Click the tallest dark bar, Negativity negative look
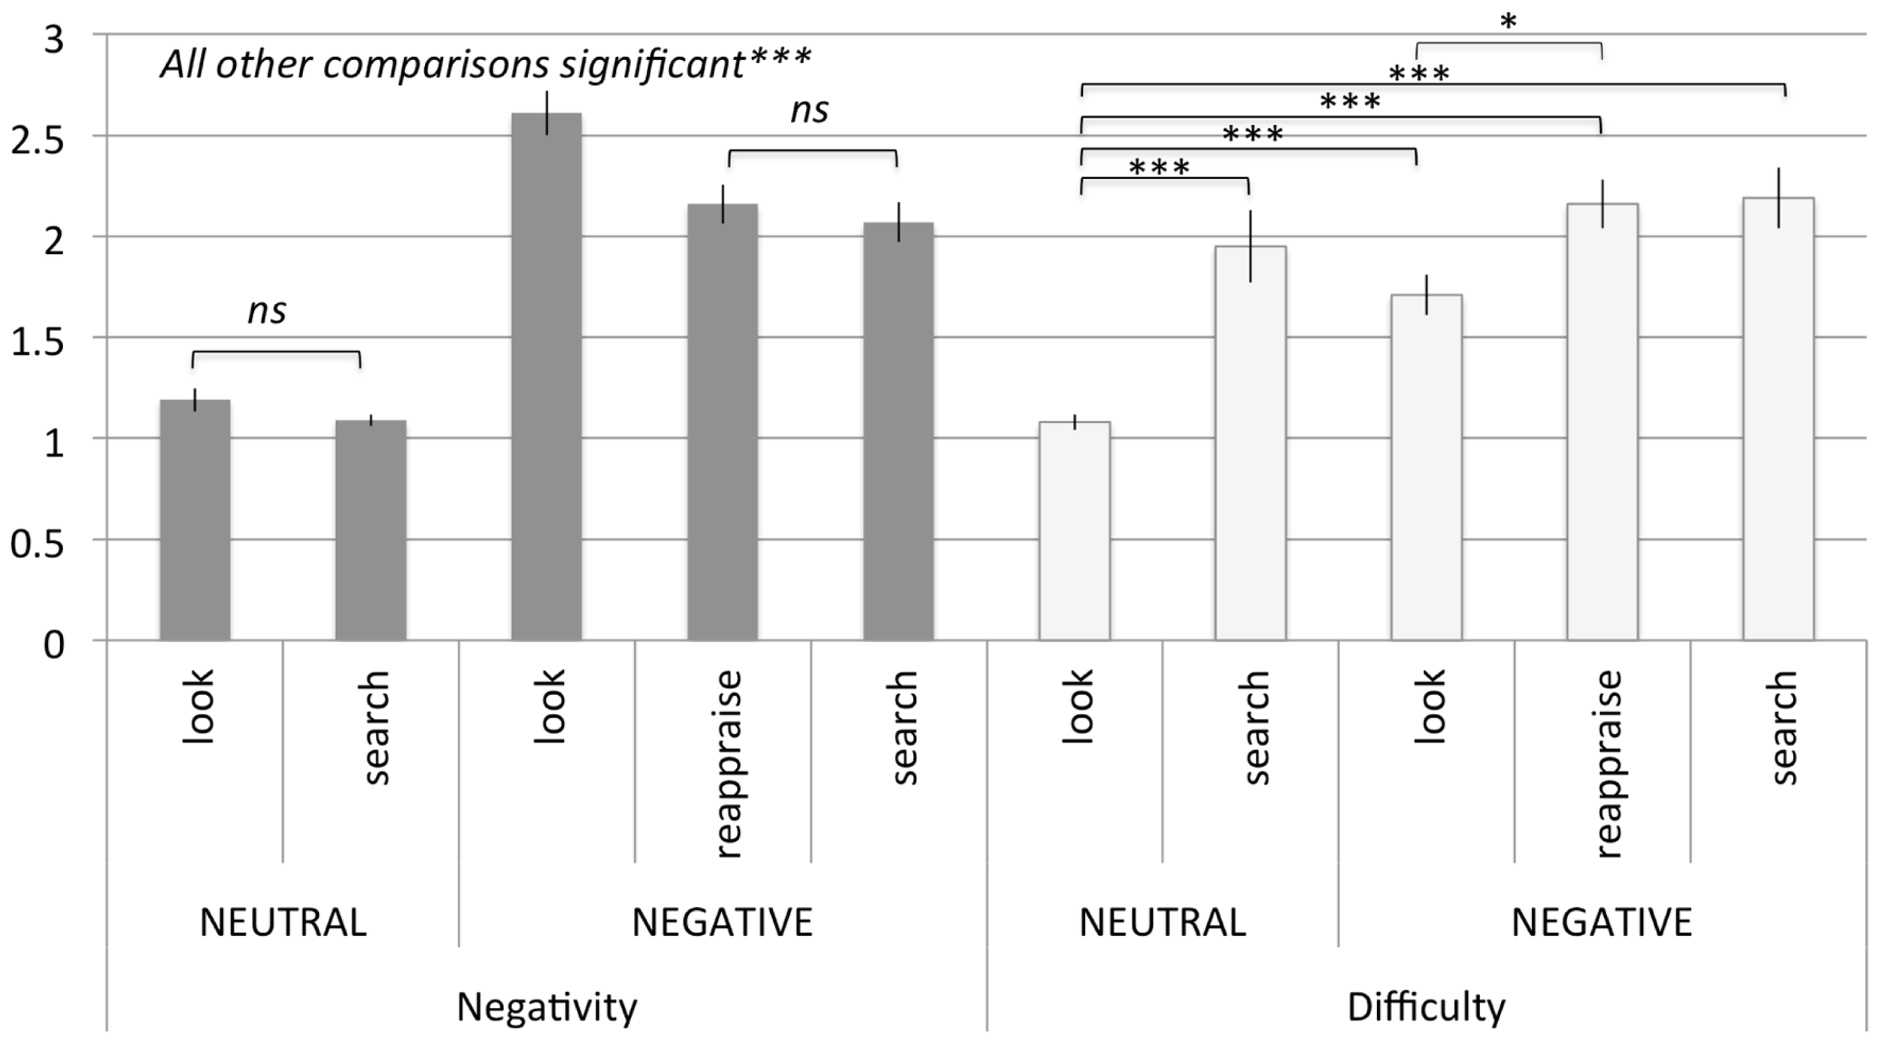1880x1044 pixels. click(547, 376)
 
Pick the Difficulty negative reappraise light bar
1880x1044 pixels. click(1603, 421)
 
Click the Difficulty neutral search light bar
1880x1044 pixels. click(1251, 444)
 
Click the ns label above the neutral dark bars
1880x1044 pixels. click(267, 311)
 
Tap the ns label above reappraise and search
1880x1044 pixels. click(810, 111)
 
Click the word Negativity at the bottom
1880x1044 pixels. click(547, 1006)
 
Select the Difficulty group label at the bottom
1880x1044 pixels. click(1426, 1006)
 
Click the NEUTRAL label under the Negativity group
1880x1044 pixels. click(283, 922)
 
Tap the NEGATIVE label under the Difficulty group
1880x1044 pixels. click(1602, 922)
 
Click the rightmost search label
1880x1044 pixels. click(1782, 728)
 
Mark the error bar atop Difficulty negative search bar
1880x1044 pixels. click(1778, 198)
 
